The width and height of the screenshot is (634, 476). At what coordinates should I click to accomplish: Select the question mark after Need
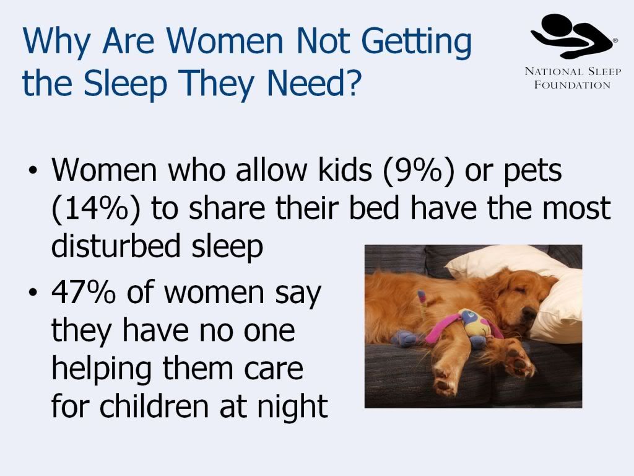[x=351, y=82]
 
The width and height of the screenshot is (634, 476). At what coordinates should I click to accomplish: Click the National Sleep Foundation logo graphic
[x=574, y=36]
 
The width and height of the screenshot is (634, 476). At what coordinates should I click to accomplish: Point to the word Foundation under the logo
[x=572, y=85]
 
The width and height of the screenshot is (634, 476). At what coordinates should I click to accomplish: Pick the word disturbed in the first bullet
[x=116, y=245]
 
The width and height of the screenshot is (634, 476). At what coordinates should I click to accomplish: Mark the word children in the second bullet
[x=154, y=405]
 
